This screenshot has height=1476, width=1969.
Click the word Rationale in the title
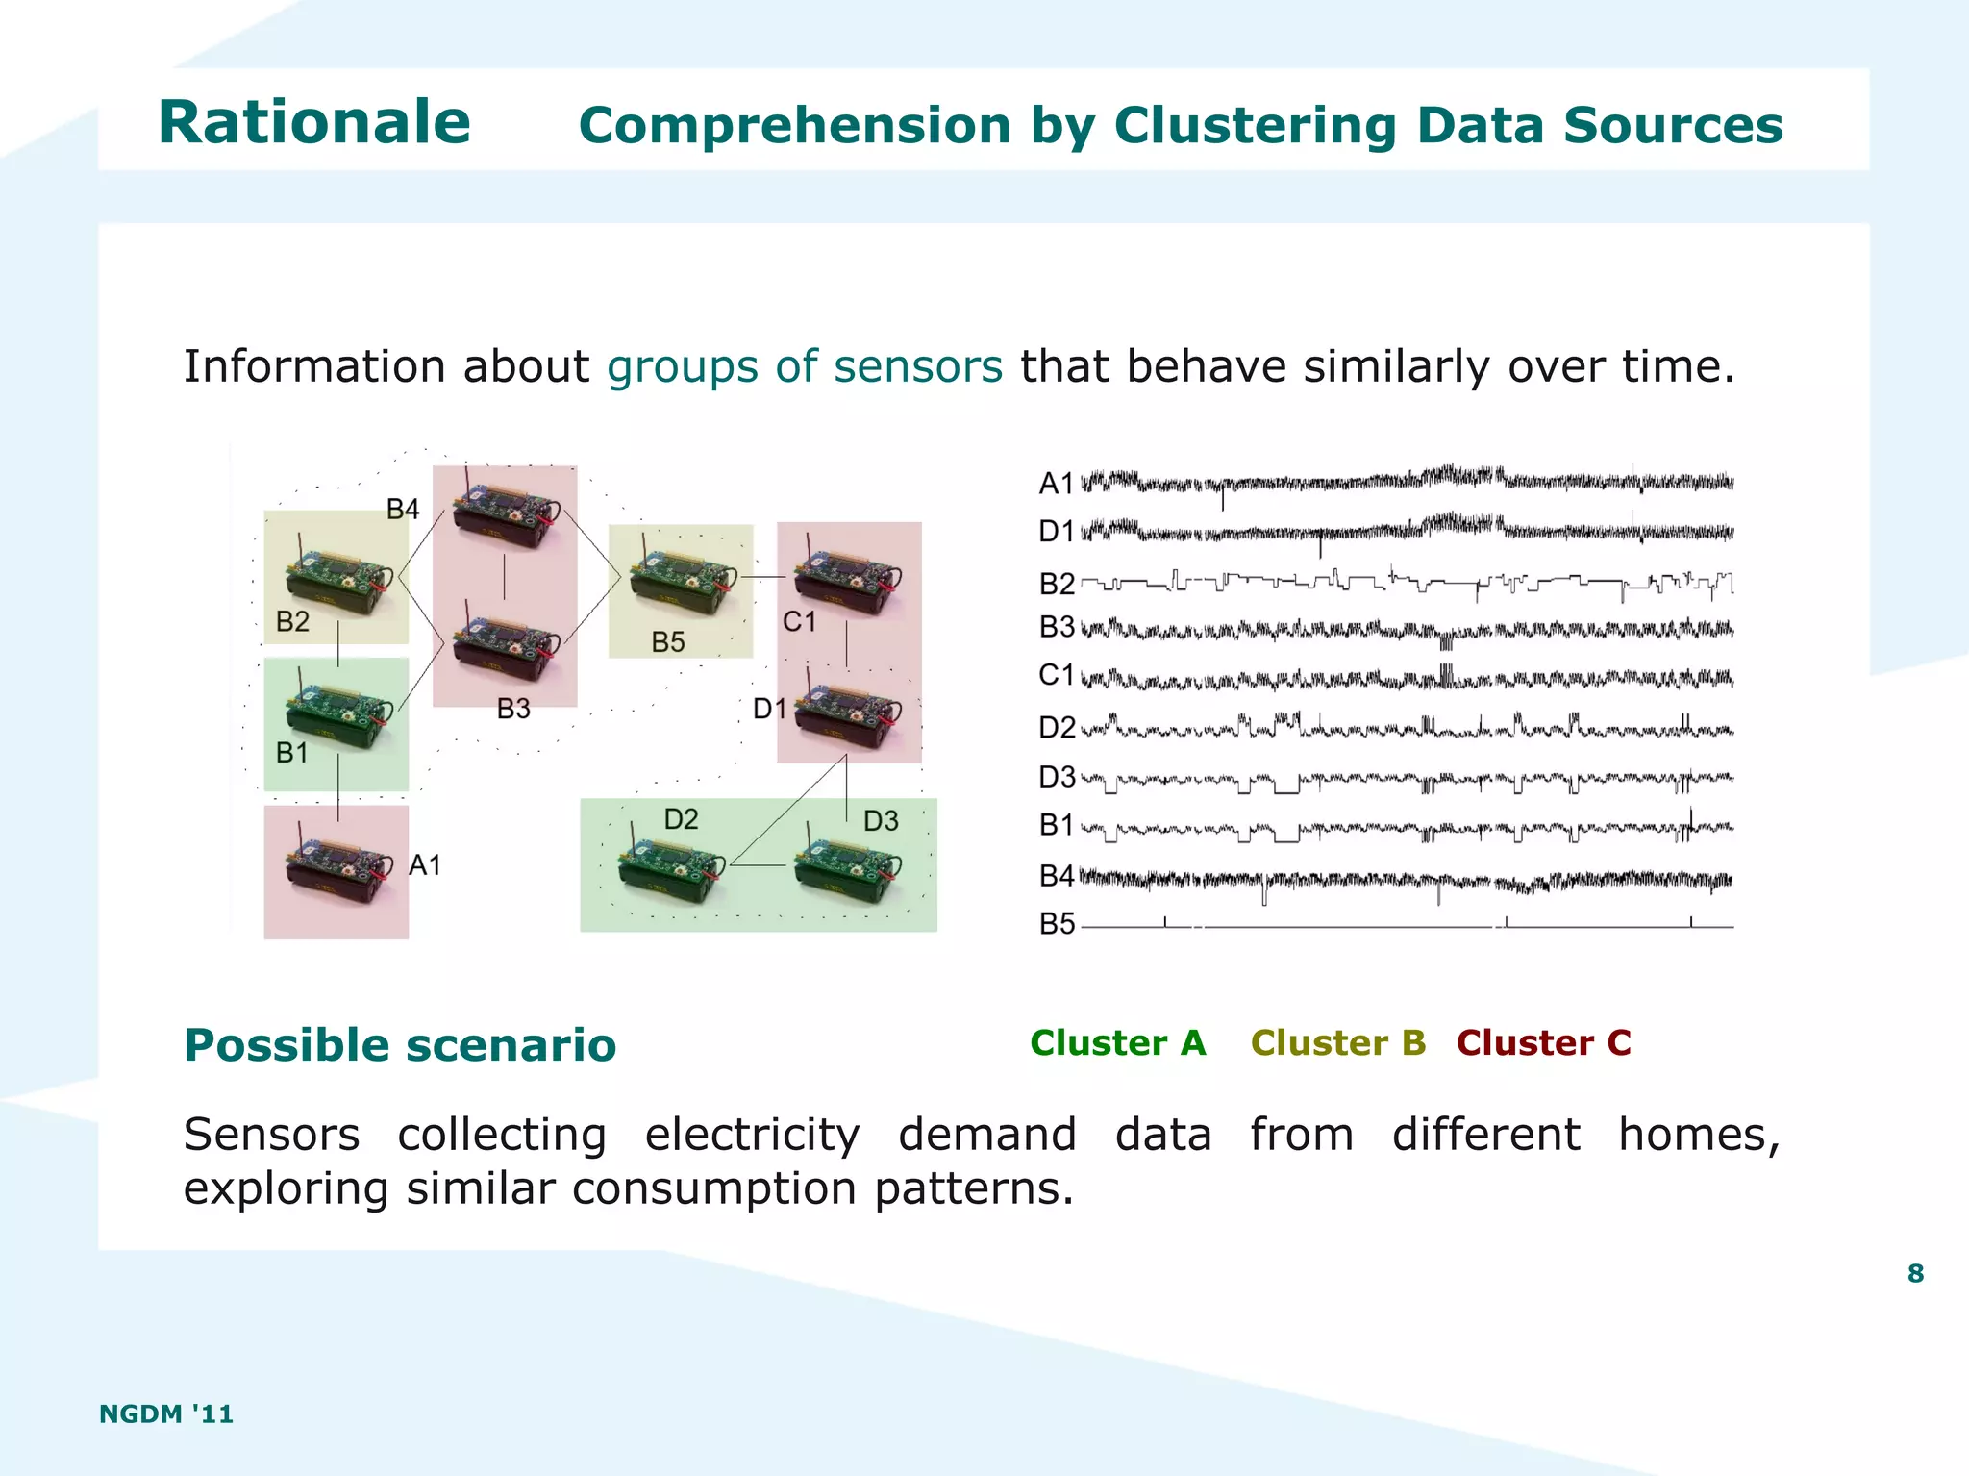313,123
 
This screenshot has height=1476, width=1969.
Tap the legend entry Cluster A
1117,1043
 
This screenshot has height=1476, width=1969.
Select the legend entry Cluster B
1337,1043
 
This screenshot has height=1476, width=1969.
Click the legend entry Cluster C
1543,1043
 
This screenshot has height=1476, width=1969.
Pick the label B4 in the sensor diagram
403,510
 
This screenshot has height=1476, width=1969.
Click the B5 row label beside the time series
1057,925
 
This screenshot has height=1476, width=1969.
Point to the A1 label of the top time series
1056,483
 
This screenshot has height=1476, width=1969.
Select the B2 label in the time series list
1057,584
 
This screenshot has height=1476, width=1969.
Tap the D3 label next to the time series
1057,777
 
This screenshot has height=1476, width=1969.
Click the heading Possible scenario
400,1045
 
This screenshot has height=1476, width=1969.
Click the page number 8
1915,1273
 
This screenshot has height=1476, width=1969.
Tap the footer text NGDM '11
166,1413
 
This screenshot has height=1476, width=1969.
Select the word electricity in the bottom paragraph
752,1135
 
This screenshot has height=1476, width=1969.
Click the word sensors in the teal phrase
917,366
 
